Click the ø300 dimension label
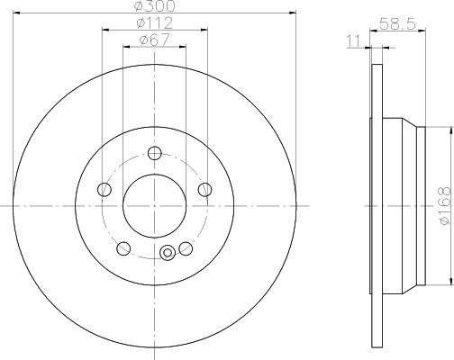154,6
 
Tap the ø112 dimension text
154,23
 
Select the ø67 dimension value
154,40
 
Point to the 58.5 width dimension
397,23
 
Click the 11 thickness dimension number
353,40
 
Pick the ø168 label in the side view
445,205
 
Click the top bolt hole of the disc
155,153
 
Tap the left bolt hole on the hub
104,189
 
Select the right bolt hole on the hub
205,189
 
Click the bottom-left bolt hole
123,248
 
